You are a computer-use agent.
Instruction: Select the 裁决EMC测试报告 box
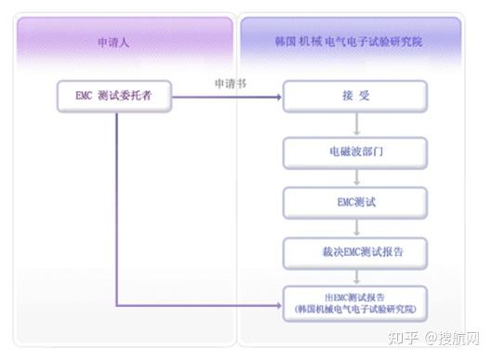pyautogui.click(x=356, y=250)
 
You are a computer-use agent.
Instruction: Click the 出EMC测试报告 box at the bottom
pyautogui.click(x=356, y=301)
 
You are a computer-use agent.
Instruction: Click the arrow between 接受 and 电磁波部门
pyautogui.click(x=356, y=123)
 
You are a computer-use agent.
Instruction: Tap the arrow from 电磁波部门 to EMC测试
pyautogui.click(x=356, y=174)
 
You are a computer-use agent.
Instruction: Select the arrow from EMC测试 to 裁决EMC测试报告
pyautogui.click(x=356, y=225)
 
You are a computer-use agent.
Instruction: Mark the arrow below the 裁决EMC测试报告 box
pyautogui.click(x=356, y=274)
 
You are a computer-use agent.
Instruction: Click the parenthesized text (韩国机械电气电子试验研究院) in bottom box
pyautogui.click(x=356, y=308)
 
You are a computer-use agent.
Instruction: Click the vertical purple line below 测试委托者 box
pyautogui.click(x=115, y=205)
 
